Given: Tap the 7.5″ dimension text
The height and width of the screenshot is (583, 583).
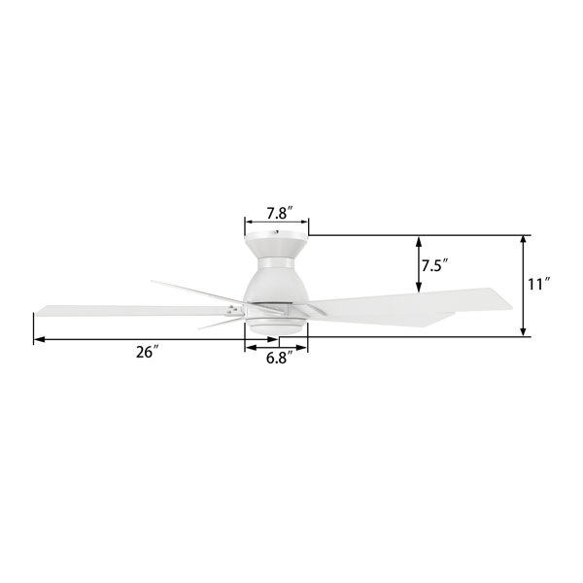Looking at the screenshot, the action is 435,266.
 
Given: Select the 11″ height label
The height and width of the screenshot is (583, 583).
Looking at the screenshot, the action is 538,285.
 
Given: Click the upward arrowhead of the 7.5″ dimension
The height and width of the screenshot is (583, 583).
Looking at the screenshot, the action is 419,242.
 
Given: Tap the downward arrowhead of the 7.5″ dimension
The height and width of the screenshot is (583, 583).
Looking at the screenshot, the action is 419,286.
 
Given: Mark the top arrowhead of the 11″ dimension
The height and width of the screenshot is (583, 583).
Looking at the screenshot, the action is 523,242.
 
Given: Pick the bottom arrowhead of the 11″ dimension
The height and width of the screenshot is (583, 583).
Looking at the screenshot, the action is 523,330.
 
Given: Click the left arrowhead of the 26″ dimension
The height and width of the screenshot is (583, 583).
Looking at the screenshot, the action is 40,339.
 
